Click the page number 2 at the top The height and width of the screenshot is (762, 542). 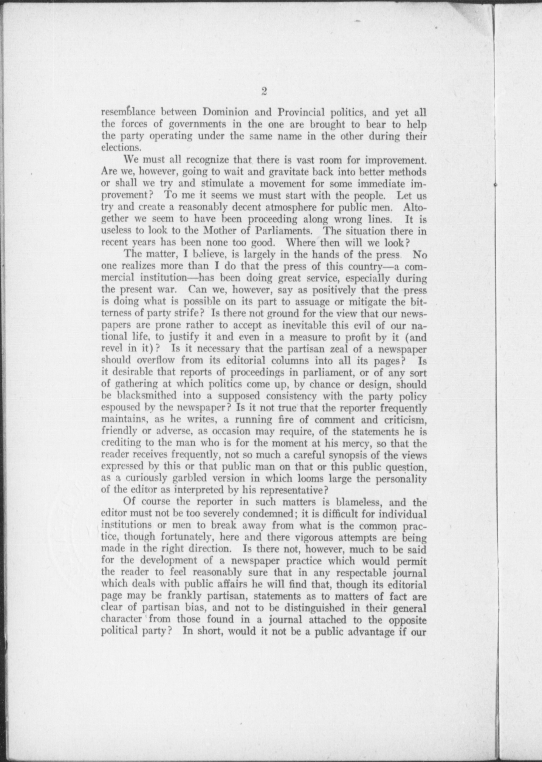coord(264,91)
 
